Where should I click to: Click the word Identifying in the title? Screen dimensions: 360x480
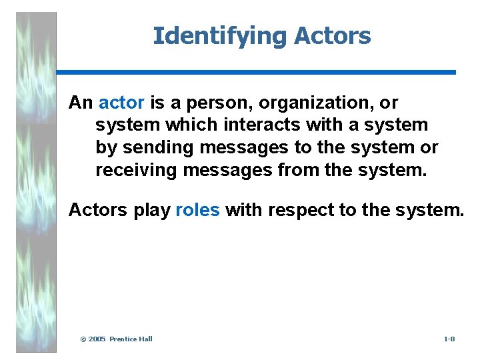coord(209,36)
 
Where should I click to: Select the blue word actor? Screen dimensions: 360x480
coord(121,103)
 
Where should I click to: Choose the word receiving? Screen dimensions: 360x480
coord(136,170)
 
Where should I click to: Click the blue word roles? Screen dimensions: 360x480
coord(197,210)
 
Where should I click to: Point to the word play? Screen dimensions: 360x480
coord(151,210)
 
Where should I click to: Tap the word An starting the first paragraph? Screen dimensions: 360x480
coord(81,103)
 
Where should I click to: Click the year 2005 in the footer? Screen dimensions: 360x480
coord(97,339)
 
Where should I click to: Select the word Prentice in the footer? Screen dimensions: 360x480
coord(123,339)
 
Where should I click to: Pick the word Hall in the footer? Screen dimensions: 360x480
coord(145,339)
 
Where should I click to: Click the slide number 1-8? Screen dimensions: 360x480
coord(449,339)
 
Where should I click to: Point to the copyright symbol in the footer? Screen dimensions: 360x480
coord(83,339)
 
